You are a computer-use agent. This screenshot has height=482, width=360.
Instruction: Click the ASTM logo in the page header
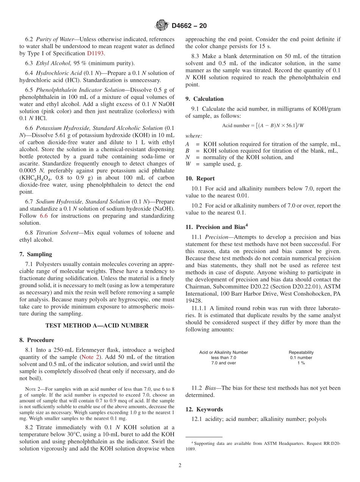(161, 26)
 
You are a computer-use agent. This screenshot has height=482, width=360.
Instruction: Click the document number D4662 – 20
(189, 26)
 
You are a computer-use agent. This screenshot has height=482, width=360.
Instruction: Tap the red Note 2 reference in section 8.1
(91, 357)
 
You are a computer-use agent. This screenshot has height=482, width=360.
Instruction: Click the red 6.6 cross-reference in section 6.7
(44, 216)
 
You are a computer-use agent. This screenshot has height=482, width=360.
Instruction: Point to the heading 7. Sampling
(36, 254)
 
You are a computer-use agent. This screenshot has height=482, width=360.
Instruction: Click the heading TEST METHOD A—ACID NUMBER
(97, 325)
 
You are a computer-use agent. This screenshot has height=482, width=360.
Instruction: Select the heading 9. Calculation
(204, 99)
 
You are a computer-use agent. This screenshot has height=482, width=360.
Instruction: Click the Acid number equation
(263, 125)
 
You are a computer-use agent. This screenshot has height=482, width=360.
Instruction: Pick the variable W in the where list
(188, 164)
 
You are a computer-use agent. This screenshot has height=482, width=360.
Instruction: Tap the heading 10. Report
(200, 178)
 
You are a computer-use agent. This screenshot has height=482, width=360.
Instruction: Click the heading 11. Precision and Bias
(216, 227)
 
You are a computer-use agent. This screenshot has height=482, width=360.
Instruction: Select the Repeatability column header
(301, 352)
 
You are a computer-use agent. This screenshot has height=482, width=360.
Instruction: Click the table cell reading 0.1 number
(301, 357)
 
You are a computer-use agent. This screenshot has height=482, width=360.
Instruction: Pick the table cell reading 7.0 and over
(224, 363)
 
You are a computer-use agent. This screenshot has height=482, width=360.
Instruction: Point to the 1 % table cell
(301, 363)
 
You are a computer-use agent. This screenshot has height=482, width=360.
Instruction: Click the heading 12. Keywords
(204, 409)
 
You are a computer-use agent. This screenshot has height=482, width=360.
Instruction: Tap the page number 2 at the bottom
(180, 465)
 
